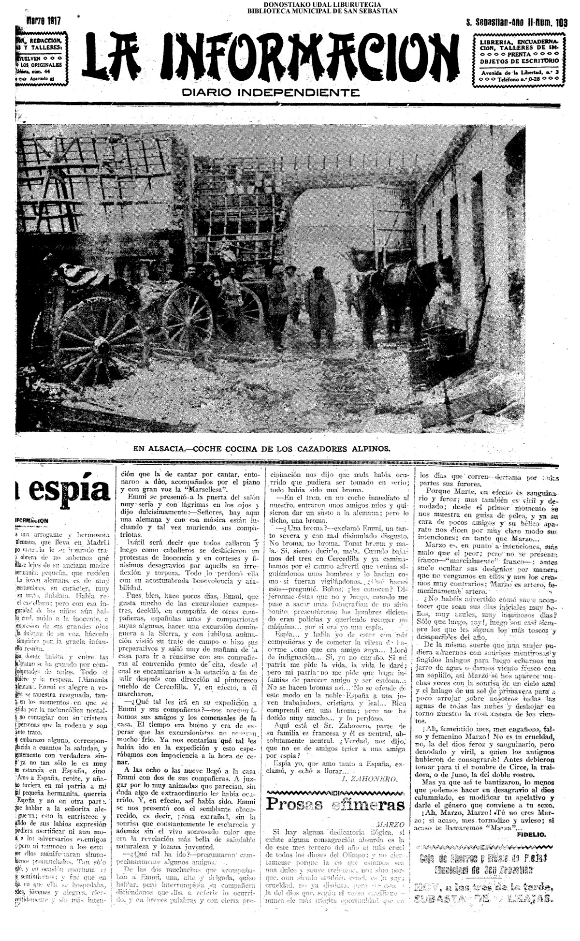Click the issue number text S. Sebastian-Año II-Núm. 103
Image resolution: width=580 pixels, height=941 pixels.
click(x=516, y=22)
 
